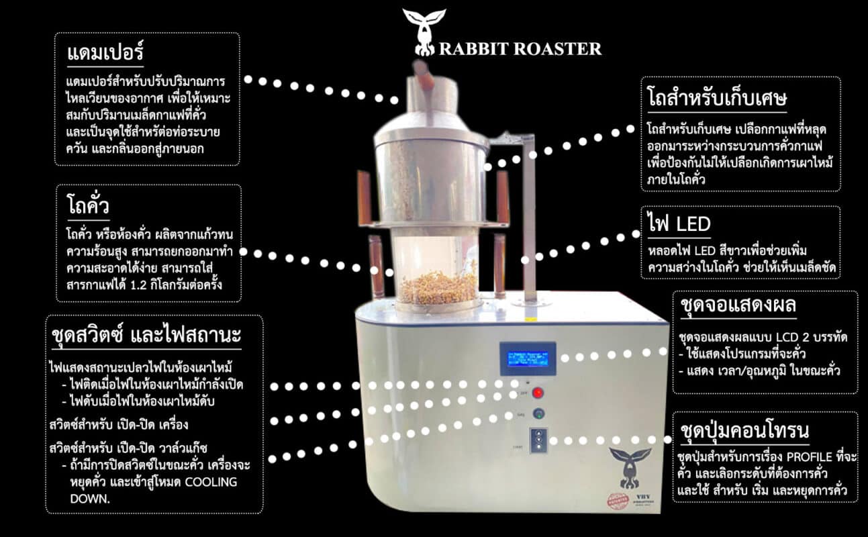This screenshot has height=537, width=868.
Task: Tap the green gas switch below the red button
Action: (538, 413)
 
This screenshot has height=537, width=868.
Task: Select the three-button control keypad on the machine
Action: (538, 440)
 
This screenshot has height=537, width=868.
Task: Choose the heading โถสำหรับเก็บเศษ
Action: (716, 99)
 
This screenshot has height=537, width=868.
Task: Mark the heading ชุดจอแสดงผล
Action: (737, 307)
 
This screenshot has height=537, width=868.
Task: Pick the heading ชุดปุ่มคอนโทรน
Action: (744, 430)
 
